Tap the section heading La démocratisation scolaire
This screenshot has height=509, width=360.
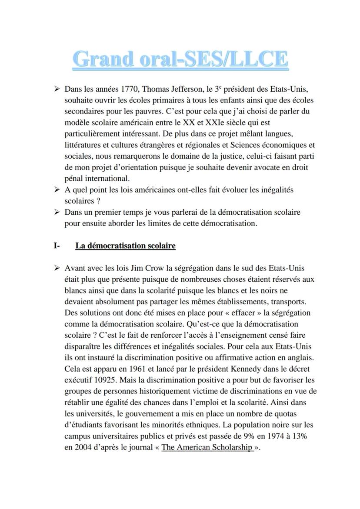pos(125,246)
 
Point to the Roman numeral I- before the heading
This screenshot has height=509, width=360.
pos(57,246)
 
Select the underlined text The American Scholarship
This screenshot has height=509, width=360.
pos(207,446)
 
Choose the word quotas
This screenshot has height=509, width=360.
pos(285,413)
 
